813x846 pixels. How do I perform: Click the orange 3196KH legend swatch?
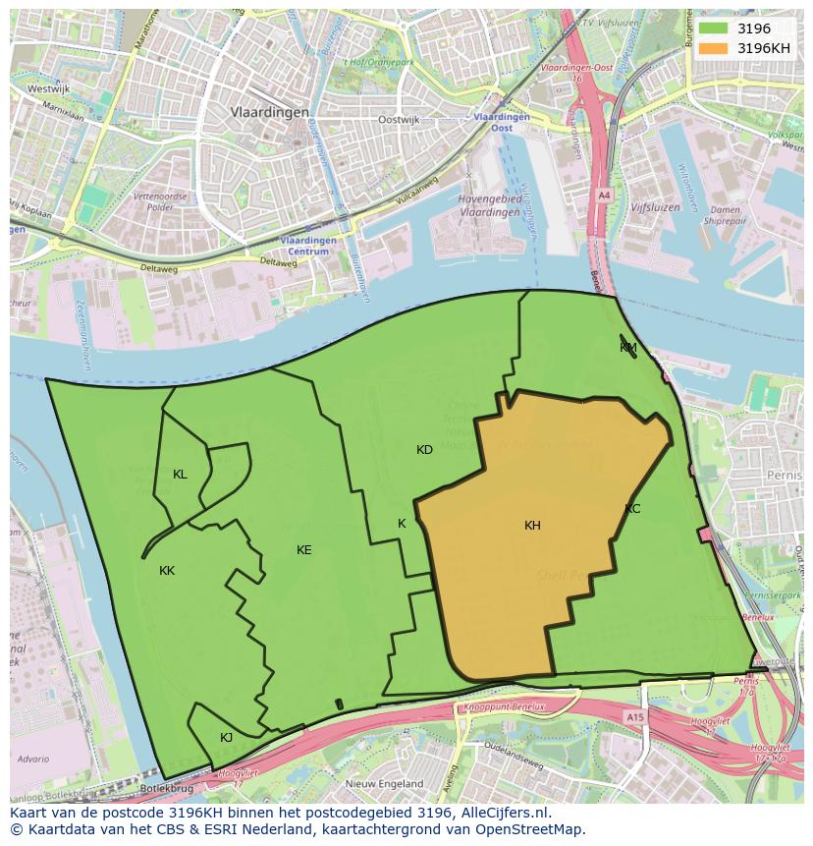pyautogui.click(x=714, y=48)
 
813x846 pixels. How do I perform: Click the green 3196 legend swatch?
pyautogui.click(x=714, y=28)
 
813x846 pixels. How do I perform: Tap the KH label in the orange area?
pyautogui.click(x=532, y=526)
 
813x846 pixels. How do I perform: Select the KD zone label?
pyautogui.click(x=424, y=450)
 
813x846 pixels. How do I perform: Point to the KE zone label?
pyautogui.click(x=304, y=550)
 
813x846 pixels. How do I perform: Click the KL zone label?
pyautogui.click(x=180, y=475)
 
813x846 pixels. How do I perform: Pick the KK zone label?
pyautogui.click(x=167, y=571)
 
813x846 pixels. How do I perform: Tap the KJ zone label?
pyautogui.click(x=226, y=738)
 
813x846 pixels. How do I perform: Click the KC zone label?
pyautogui.click(x=632, y=509)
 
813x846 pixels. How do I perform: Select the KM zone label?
pyautogui.click(x=628, y=348)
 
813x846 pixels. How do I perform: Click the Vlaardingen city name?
pyautogui.click(x=270, y=113)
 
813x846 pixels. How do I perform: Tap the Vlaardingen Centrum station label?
pyautogui.click(x=307, y=245)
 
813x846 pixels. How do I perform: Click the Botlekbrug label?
pyautogui.click(x=166, y=788)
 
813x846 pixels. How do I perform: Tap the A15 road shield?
pyautogui.click(x=635, y=718)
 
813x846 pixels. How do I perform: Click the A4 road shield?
pyautogui.click(x=604, y=196)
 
